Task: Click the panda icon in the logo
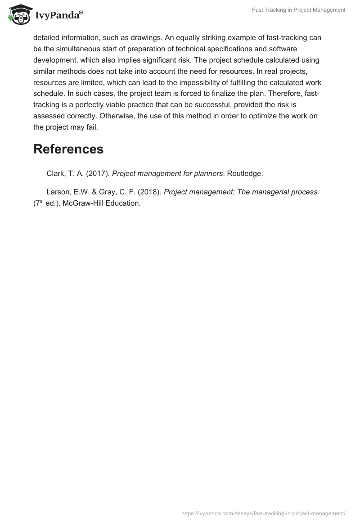click(18, 15)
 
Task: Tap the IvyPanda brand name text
click(58, 16)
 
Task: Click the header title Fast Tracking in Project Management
click(298, 10)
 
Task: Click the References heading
click(68, 149)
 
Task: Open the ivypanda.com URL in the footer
click(263, 513)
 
